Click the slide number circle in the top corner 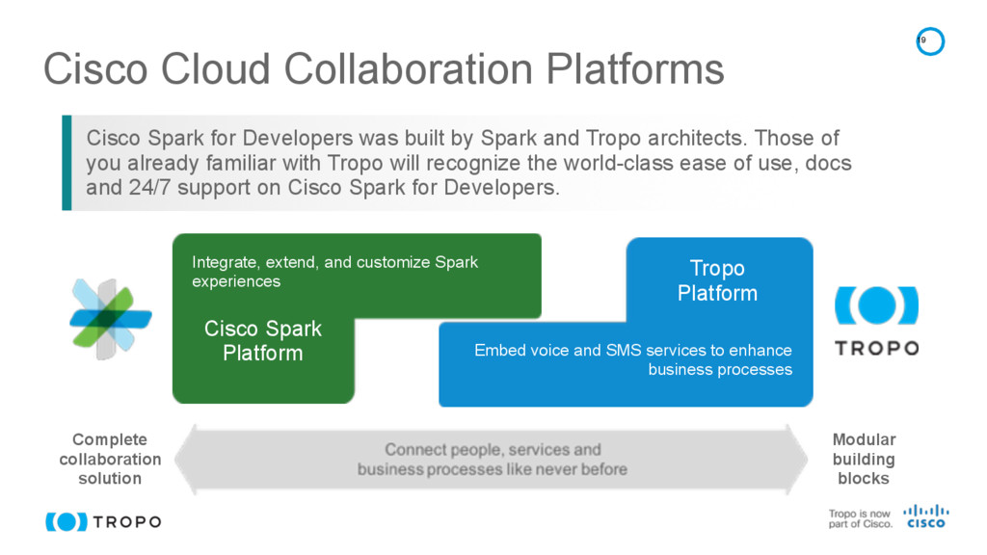[929, 41]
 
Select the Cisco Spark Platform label [262, 341]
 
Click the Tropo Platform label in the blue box [717, 280]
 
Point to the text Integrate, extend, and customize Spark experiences [334, 272]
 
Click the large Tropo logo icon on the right [875, 306]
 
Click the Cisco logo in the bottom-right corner [925, 516]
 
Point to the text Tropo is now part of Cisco [860, 518]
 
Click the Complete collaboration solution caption [110, 459]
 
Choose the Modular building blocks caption [864, 459]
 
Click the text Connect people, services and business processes [493, 460]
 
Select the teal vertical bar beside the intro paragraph [67, 162]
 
